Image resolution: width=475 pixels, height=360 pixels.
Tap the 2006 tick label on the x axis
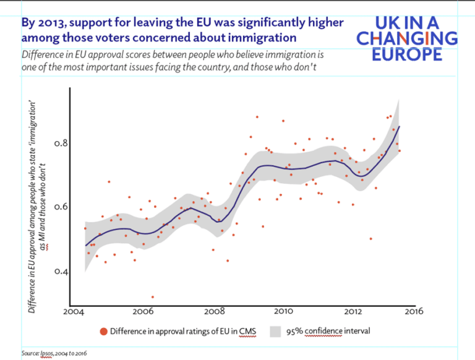pos(143,311)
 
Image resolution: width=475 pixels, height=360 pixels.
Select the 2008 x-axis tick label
pos(214,311)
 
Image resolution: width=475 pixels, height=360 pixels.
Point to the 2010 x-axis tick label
pos(284,311)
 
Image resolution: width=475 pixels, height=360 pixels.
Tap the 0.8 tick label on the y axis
pos(61,143)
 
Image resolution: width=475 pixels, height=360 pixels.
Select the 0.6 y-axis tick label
pos(61,207)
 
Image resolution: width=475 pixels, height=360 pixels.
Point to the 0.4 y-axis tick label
pos(61,272)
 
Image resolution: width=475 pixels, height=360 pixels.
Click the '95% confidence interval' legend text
pos(328,332)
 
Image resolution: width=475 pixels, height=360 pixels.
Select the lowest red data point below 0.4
pos(153,297)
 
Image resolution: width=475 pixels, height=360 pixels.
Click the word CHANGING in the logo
pos(407,39)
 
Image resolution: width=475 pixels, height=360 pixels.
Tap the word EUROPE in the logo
pos(407,54)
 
